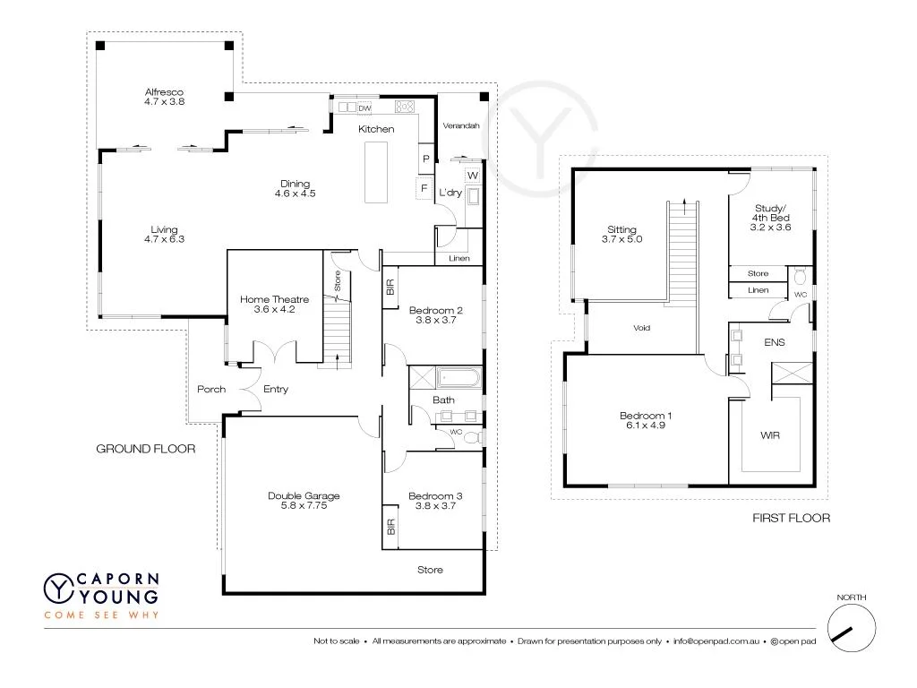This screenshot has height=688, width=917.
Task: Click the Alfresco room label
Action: coord(163,91)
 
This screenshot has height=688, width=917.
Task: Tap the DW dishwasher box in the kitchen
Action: coord(364,108)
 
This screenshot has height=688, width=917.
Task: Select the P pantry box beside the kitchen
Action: coord(426,159)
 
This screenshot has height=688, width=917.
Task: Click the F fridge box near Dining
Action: coord(421,189)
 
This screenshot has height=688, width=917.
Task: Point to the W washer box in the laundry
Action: coord(472,174)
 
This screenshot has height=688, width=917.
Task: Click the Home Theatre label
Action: coord(274,299)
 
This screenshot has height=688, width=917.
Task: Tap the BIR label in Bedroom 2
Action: coord(390,288)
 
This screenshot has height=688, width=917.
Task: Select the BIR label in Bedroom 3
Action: coord(390,527)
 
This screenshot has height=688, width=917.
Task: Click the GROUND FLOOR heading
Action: coord(145,449)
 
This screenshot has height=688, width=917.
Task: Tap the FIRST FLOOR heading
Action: coord(791,518)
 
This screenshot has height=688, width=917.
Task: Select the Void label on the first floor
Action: coord(641,328)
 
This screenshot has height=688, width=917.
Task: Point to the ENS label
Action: coord(774,341)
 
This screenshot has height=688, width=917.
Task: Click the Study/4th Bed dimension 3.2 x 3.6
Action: coord(770,228)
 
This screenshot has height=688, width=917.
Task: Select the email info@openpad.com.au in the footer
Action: coord(717,641)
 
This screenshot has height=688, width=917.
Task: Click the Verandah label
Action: coord(462,125)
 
